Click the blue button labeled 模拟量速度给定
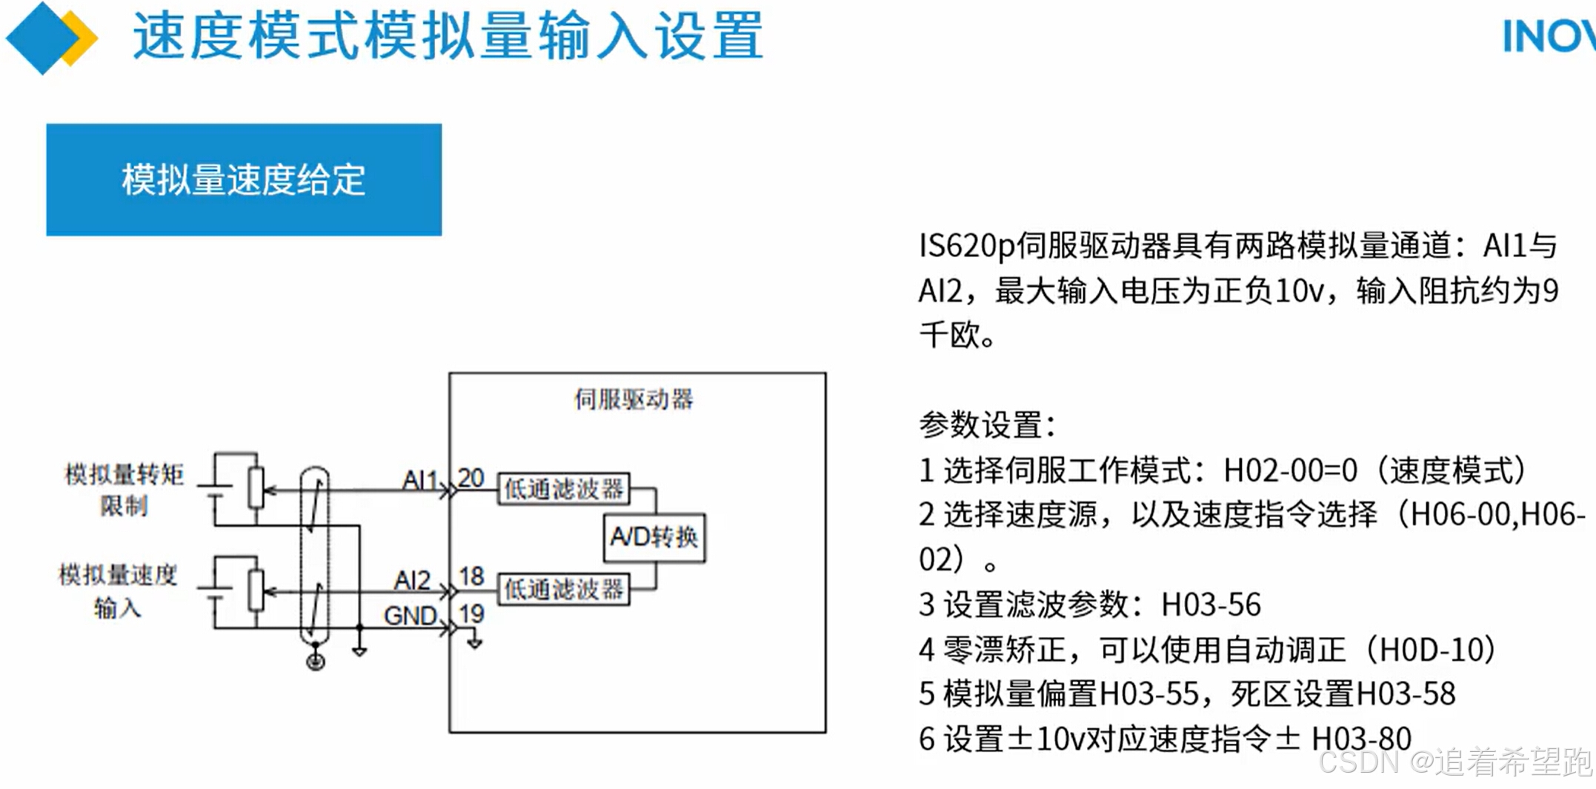pos(244,180)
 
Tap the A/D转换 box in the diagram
pos(654,536)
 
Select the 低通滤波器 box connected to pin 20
pos(563,489)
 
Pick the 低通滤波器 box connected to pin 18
pos(563,590)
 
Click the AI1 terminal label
pos(419,480)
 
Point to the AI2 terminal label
pos(412,580)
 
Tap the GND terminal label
pos(410,616)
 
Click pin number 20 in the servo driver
pos(471,478)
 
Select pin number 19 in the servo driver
pos(471,613)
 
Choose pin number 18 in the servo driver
pos(471,576)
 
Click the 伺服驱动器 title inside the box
pos(634,399)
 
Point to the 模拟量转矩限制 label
pos(124,489)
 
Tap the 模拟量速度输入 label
pos(118,590)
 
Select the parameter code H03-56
pos(1211,605)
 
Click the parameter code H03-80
pos(1361,739)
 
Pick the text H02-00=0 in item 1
pos(1290,470)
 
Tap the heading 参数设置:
pos(987,425)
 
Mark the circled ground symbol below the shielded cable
pos(316,662)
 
